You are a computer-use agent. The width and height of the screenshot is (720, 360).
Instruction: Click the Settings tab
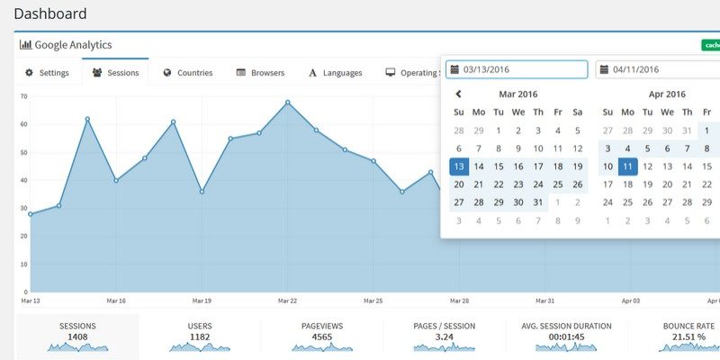pos(47,73)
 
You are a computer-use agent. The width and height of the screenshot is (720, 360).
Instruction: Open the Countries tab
pos(187,73)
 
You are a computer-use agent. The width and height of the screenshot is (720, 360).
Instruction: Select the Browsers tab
pos(260,73)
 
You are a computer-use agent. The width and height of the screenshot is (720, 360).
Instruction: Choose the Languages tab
pos(335,73)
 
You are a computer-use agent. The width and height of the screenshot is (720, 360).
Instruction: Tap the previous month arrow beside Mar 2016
pos(458,94)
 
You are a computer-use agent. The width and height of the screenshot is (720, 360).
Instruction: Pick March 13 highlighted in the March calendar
pos(459,166)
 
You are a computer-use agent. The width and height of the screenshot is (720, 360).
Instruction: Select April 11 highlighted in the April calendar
pos(628,166)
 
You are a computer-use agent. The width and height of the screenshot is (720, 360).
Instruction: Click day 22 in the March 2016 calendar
pos(499,184)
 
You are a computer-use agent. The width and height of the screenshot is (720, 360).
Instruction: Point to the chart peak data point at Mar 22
pos(288,102)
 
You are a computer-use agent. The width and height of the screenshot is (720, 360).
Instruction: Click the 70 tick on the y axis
pos(22,96)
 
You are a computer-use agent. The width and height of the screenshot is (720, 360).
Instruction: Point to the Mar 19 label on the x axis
pos(202,301)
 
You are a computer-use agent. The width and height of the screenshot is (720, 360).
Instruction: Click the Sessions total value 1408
pos(77,337)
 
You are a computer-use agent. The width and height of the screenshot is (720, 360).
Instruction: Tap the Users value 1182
pos(200,337)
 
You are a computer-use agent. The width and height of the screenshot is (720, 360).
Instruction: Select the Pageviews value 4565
pos(322,337)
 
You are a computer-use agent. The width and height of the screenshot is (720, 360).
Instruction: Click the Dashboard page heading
pos(50,13)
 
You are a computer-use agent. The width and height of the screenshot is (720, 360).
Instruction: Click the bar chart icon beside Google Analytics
pos(25,44)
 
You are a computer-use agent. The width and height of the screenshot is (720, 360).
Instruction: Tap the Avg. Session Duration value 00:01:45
pos(566,337)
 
